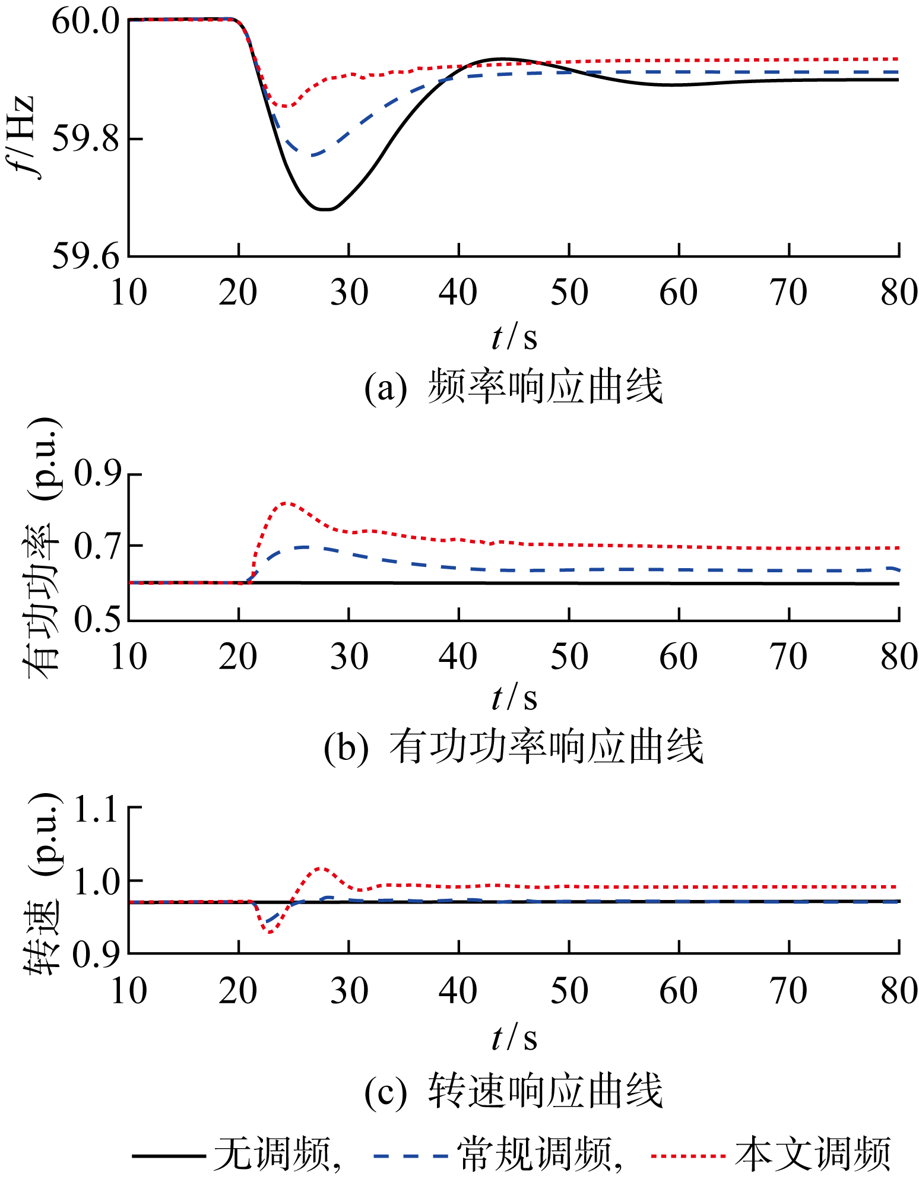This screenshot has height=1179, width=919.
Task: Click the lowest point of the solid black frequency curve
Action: [325, 210]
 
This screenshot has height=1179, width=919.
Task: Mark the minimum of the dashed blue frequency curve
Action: [313, 155]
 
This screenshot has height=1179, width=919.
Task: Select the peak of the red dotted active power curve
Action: [286, 503]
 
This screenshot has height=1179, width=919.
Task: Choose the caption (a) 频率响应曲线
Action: [514, 388]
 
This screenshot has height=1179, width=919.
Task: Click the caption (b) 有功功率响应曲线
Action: [514, 747]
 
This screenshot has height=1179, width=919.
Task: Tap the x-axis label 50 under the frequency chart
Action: [569, 293]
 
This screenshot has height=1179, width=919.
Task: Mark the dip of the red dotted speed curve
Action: [270, 933]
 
